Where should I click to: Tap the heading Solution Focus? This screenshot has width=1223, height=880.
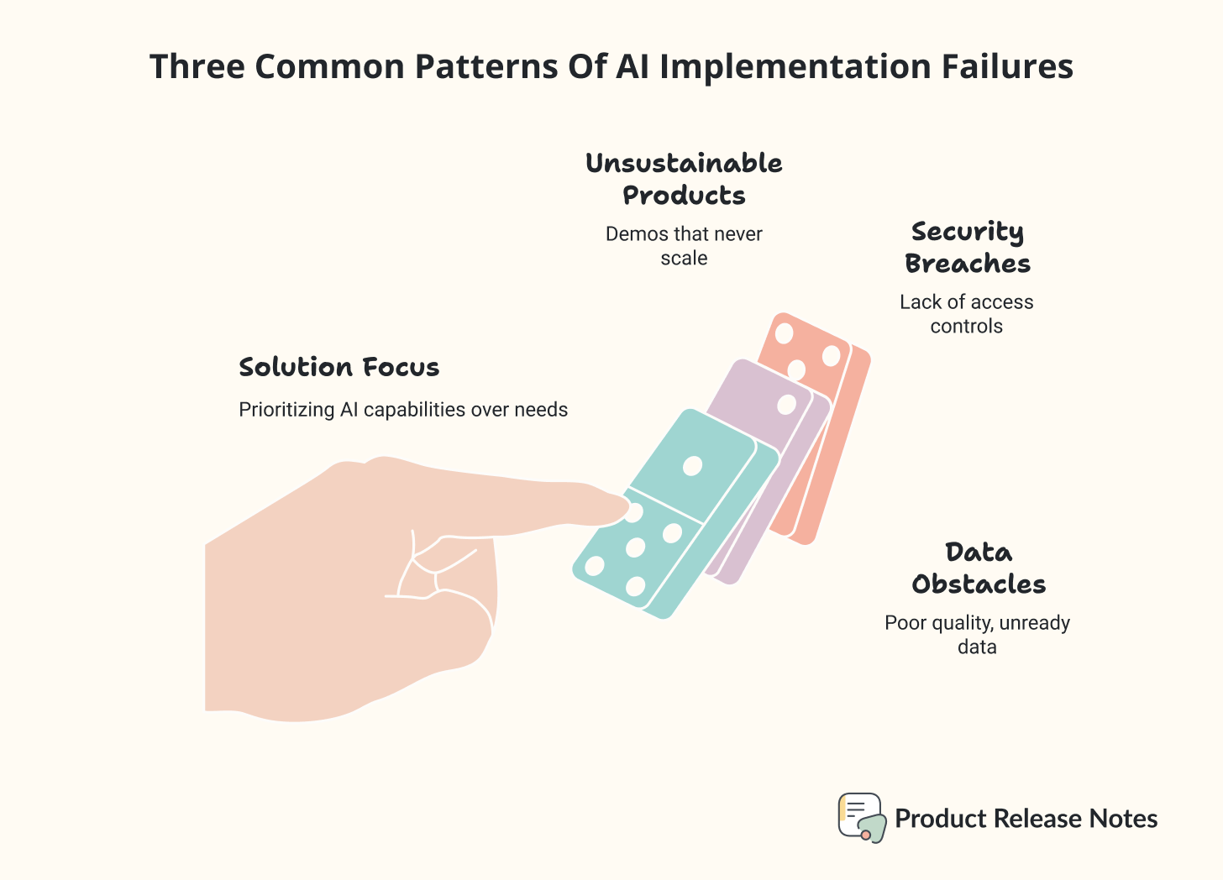339,367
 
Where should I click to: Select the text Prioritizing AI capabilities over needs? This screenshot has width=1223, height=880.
403,410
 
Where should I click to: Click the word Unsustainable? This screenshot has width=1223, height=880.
684,163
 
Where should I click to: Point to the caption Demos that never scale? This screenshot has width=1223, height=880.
684,246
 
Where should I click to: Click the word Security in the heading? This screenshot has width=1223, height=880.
967,232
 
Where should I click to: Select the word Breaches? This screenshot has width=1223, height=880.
967,264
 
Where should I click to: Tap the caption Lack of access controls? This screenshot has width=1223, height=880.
966,314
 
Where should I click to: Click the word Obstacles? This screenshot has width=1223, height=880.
979,584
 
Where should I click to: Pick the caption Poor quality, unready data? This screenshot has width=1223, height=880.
977,635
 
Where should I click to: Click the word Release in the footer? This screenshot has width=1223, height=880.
1042,819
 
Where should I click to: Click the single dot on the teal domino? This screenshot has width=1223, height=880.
692,466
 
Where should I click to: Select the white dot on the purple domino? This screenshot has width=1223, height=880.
786,405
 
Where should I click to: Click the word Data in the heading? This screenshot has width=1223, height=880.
979,553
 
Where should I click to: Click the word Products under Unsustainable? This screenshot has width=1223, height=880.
684,196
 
